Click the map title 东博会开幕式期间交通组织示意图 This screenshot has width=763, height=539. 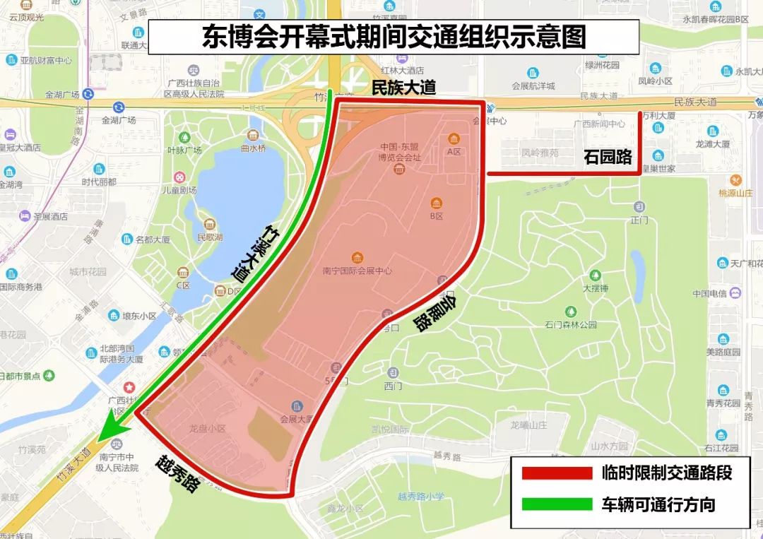click(x=394, y=37)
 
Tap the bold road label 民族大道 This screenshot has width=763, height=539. click(x=404, y=88)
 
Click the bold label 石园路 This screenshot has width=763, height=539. click(x=608, y=157)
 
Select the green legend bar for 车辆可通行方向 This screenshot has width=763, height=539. click(x=556, y=504)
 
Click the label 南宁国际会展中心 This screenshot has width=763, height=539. click(x=357, y=271)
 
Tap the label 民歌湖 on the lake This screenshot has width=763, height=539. click(x=210, y=237)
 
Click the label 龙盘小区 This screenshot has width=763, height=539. click(x=207, y=428)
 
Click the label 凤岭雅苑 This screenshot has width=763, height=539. click(x=540, y=153)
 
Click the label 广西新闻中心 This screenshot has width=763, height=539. click(x=599, y=124)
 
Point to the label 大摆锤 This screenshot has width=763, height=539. click(x=596, y=288)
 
